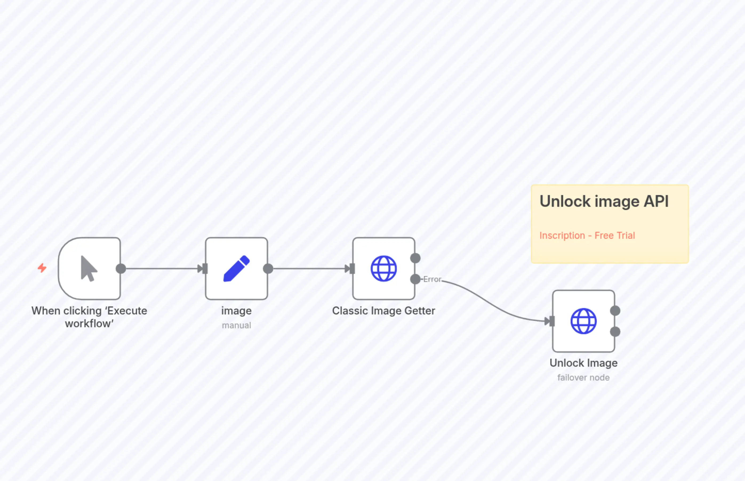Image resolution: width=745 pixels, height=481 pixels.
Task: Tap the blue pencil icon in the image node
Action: click(x=237, y=269)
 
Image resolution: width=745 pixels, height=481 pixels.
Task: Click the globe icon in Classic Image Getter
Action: click(x=384, y=269)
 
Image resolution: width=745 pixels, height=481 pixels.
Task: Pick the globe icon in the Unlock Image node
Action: click(x=583, y=321)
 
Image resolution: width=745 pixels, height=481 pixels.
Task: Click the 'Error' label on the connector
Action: click(x=432, y=279)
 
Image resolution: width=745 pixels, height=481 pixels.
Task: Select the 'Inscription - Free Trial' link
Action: click(x=587, y=236)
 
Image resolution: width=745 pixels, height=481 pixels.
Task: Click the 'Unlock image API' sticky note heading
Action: click(x=604, y=201)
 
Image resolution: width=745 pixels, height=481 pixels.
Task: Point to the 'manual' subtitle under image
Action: click(x=237, y=325)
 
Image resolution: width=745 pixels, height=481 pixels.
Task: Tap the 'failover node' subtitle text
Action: click(x=583, y=378)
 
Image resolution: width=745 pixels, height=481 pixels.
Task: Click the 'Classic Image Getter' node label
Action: click(x=383, y=311)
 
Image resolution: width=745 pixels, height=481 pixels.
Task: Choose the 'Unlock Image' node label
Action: click(x=583, y=363)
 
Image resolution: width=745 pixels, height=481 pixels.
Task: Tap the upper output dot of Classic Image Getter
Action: click(x=415, y=258)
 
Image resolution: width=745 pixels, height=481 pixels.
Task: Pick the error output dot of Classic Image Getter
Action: click(x=415, y=279)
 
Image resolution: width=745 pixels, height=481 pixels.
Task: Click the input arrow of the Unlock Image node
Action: click(x=549, y=321)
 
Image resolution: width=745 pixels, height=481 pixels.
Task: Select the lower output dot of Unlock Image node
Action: click(x=615, y=332)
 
